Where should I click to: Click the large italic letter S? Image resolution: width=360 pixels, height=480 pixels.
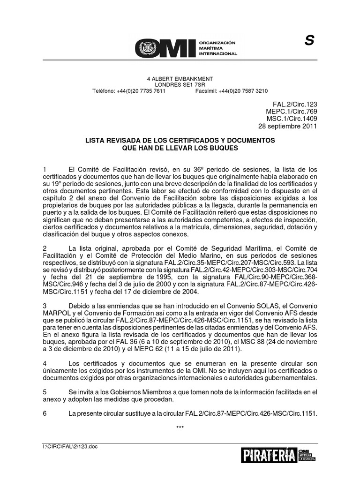(x=309, y=42)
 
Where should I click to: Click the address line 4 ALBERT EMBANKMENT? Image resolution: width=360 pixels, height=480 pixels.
(x=180, y=79)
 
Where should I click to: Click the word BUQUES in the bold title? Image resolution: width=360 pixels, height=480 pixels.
(x=224, y=148)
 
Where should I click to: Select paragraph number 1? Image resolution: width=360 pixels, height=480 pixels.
(x=44, y=169)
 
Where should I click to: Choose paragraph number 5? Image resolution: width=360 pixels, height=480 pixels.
(x=44, y=391)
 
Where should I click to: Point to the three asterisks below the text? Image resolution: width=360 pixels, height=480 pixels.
(x=180, y=427)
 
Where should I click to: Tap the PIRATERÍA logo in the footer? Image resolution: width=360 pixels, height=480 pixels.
(x=269, y=455)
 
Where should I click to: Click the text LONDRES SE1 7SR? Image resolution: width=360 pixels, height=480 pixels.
(x=180, y=85)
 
